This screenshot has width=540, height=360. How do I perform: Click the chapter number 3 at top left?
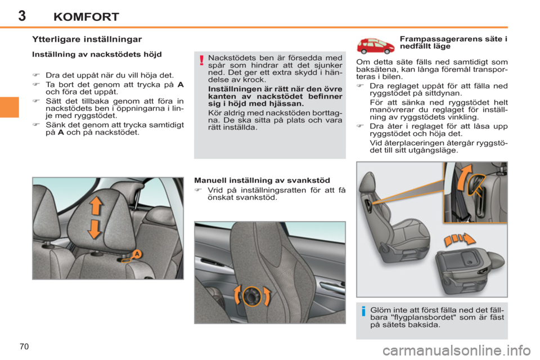pos(21,15)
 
